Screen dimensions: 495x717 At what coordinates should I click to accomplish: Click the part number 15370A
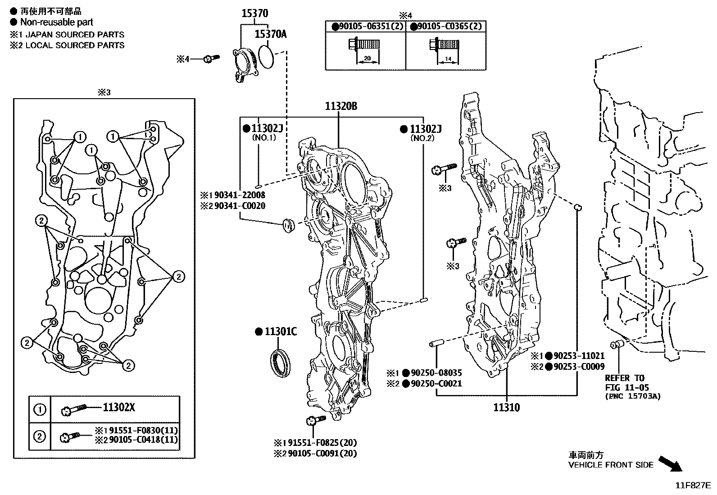point(270,34)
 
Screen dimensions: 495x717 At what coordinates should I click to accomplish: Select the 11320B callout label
point(341,106)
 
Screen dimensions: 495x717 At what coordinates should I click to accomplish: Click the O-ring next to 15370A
point(267,57)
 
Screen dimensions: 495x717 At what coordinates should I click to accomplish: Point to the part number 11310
point(506,408)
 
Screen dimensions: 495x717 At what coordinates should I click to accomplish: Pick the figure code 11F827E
point(693,486)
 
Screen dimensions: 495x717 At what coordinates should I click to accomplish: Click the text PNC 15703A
point(632,396)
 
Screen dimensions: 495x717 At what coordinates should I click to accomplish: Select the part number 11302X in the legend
point(119,408)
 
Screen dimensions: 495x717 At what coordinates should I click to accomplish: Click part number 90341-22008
point(240,195)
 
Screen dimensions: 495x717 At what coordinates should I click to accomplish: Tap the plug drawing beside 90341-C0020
point(287,224)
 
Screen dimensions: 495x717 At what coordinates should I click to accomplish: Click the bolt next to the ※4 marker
point(211,59)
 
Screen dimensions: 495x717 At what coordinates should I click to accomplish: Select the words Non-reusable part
point(56,22)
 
